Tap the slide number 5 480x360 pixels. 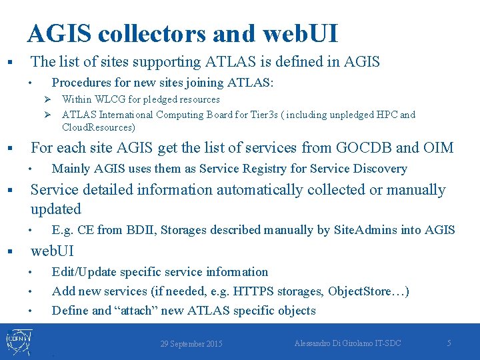[x=449, y=343]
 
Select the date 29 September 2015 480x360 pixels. [x=191, y=344]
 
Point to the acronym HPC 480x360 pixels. [x=387, y=115]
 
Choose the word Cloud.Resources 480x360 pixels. [x=98, y=127]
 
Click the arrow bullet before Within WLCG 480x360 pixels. [x=48, y=99]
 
